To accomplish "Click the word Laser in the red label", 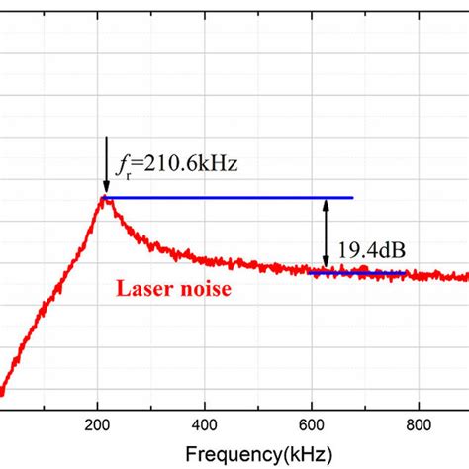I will click(144, 290).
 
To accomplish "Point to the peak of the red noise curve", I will click(105, 198).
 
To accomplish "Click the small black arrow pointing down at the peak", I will click(105, 184).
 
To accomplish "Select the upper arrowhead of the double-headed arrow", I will click(325, 203).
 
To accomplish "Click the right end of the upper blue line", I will click(352, 198).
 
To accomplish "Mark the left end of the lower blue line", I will click(308, 272).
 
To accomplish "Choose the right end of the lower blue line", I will click(407, 272).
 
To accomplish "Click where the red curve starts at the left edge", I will click(2, 393).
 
